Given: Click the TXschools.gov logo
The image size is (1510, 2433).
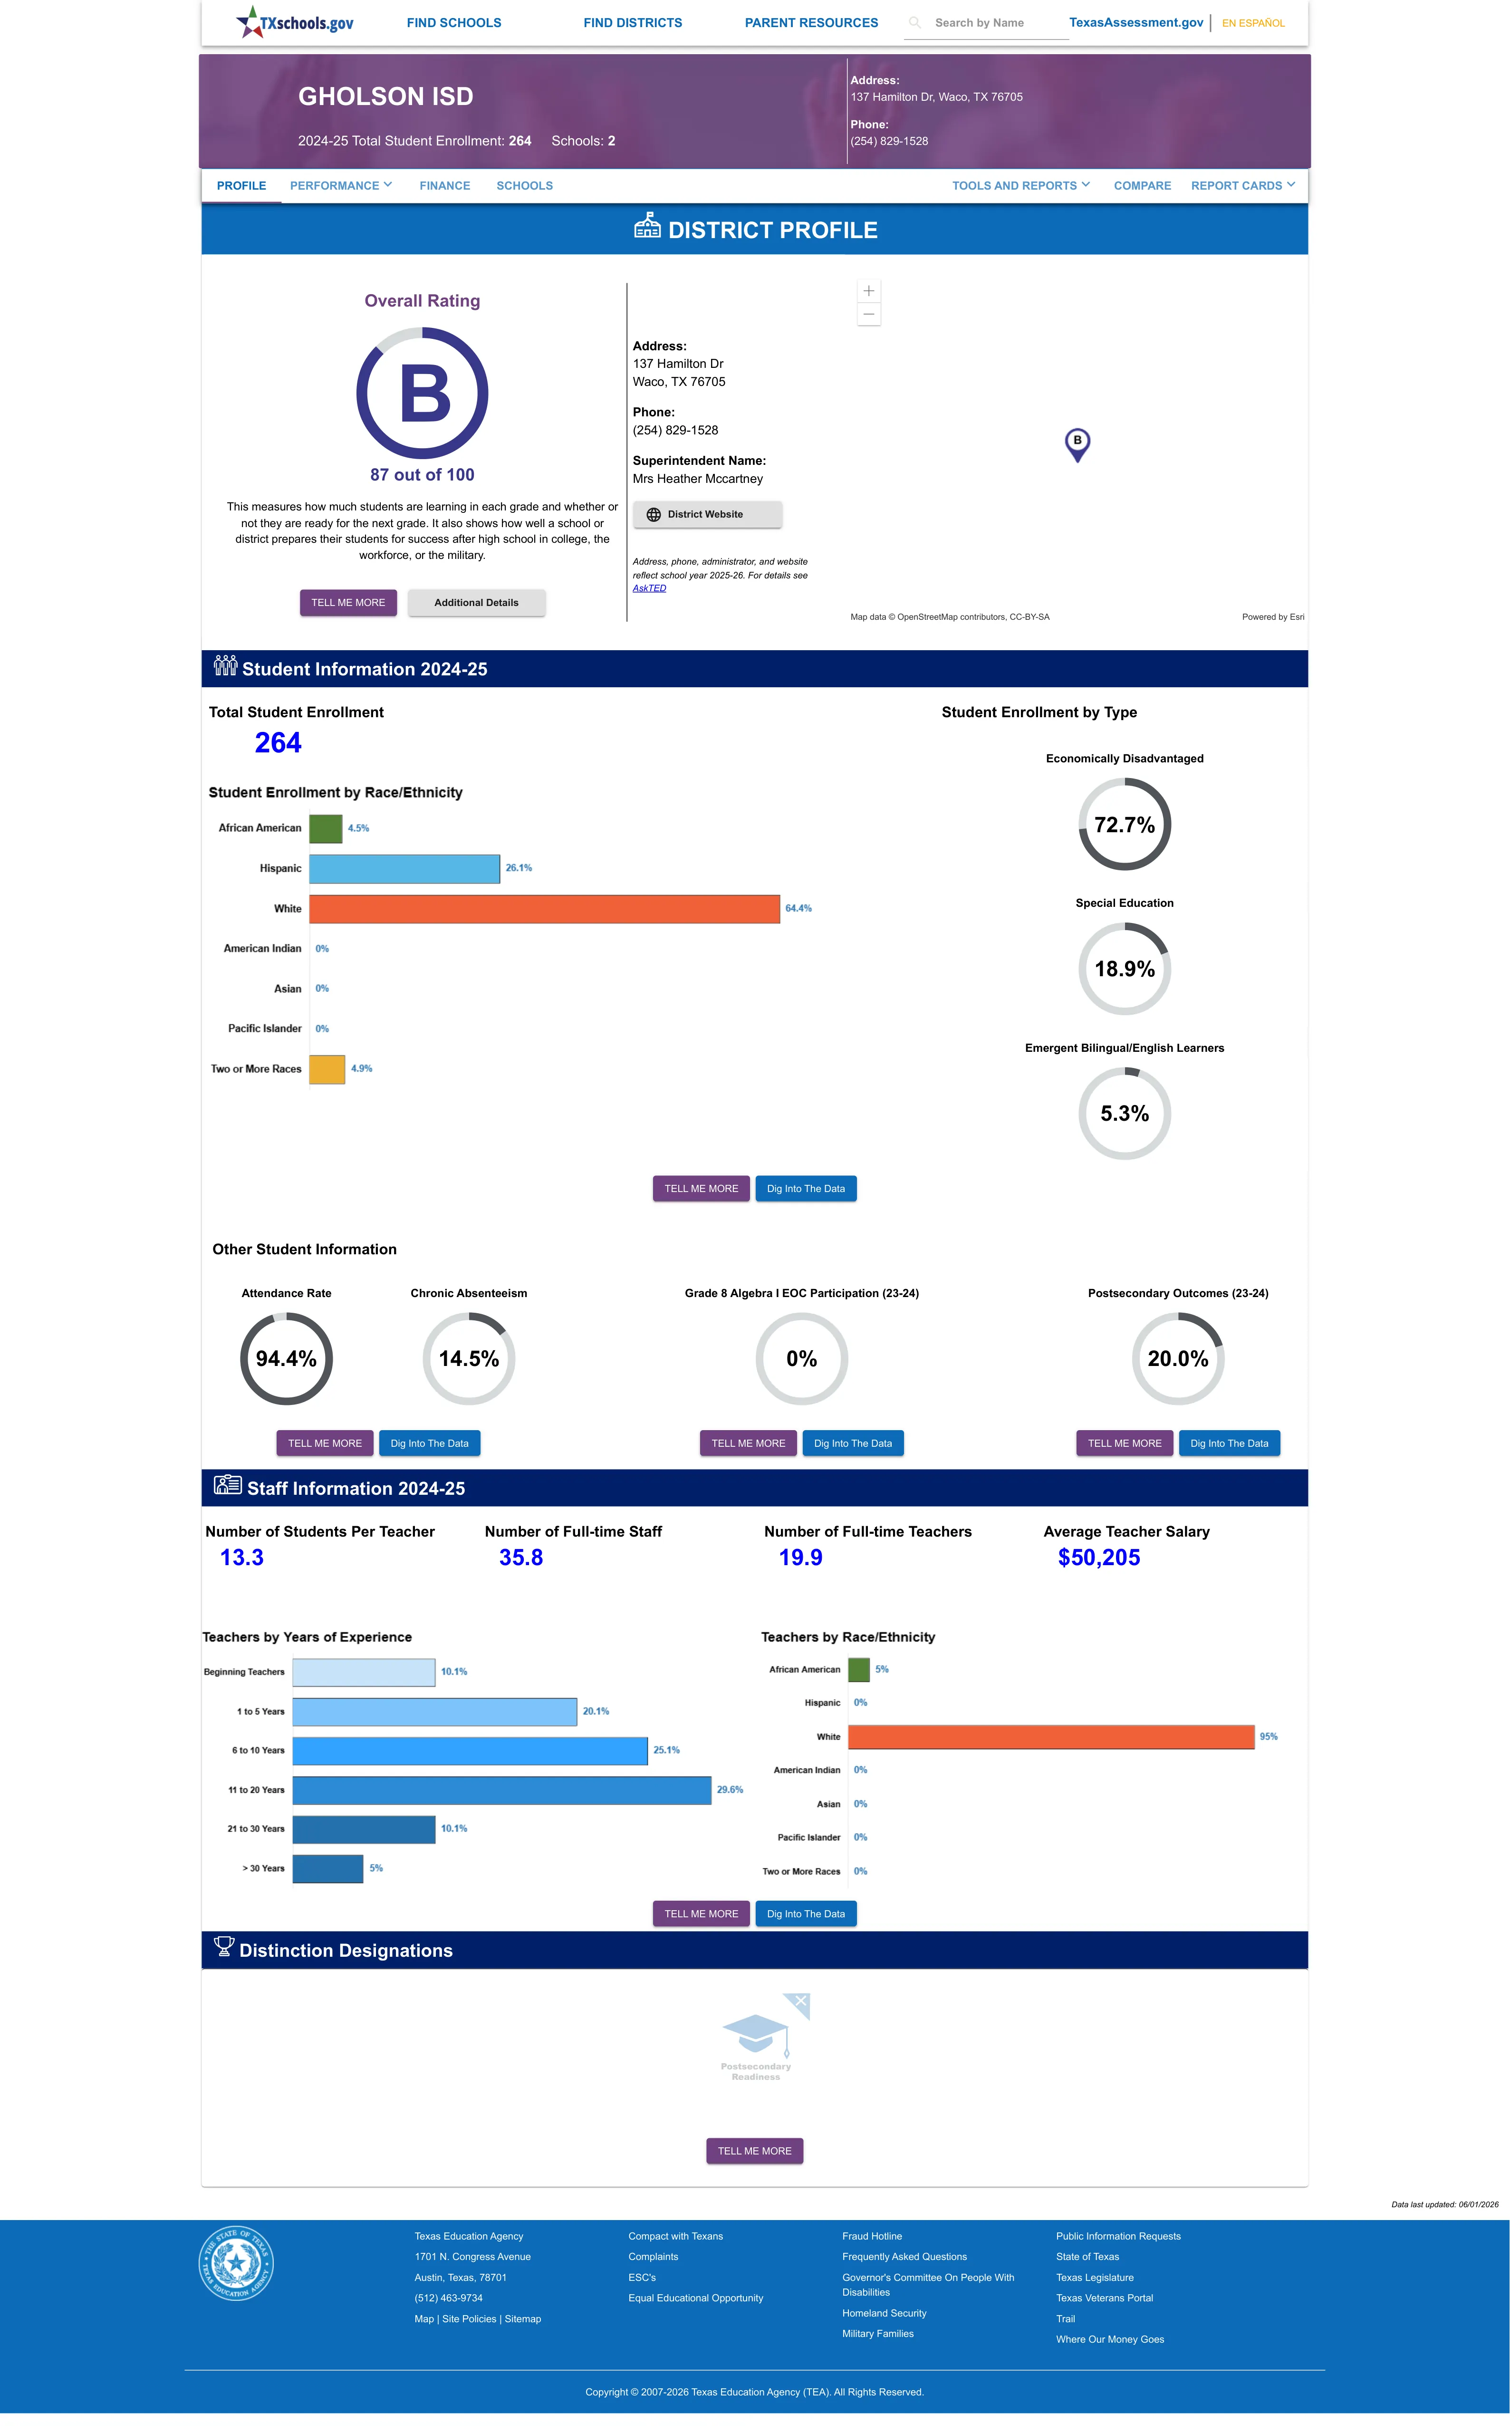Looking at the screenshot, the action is [x=295, y=22].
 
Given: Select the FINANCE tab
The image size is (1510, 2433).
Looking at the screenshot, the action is [x=444, y=186].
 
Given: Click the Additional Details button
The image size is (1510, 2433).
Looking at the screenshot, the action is [x=476, y=603].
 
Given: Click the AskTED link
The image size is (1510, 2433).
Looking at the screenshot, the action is [x=649, y=588].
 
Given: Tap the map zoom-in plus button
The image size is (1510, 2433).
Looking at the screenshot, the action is [x=869, y=290].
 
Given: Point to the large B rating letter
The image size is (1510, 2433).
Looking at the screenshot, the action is [x=424, y=394].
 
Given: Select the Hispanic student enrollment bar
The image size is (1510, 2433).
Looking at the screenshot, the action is [x=404, y=868].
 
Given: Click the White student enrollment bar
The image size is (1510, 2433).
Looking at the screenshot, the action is [x=544, y=908].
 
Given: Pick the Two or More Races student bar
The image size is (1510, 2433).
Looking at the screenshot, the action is [x=327, y=1069].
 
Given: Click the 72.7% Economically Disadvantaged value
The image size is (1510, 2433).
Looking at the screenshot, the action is [x=1125, y=825].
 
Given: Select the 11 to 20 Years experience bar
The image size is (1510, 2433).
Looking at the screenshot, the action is [x=501, y=1790].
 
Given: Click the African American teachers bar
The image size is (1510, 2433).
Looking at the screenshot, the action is [x=859, y=1669].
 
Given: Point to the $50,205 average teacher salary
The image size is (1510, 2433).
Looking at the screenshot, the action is [x=1098, y=1558].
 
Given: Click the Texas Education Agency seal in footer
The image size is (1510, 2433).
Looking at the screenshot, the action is [x=236, y=2262].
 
